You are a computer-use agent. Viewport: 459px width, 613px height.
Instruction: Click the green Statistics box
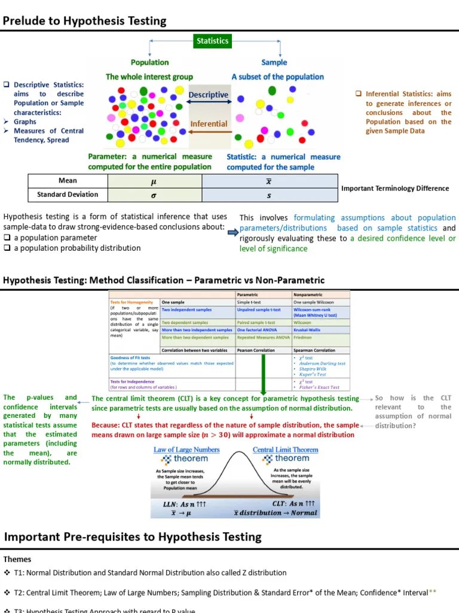click(x=213, y=41)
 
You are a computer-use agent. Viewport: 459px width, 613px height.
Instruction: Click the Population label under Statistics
click(x=149, y=62)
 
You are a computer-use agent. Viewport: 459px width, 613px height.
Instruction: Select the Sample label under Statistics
click(x=274, y=62)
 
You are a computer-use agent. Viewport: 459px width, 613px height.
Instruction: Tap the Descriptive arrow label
click(x=209, y=95)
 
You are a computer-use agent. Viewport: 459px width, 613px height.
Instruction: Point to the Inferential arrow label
click(x=209, y=124)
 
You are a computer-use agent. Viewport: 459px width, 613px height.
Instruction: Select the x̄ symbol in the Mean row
click(x=268, y=181)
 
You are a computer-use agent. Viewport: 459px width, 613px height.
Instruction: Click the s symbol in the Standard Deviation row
click(x=268, y=195)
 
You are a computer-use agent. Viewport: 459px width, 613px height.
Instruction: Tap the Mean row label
click(x=68, y=181)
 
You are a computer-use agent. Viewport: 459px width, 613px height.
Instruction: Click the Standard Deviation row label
click(x=68, y=195)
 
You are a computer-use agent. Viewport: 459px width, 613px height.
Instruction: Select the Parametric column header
click(x=248, y=295)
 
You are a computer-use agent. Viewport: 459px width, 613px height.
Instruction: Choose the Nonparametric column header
click(x=308, y=295)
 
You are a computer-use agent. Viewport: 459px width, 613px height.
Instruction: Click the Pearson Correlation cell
click(x=256, y=351)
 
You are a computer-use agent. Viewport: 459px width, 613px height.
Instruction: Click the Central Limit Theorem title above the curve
click(x=285, y=450)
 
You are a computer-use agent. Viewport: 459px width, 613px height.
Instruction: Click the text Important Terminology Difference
click(x=395, y=189)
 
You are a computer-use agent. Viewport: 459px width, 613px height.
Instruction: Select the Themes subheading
click(x=17, y=559)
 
